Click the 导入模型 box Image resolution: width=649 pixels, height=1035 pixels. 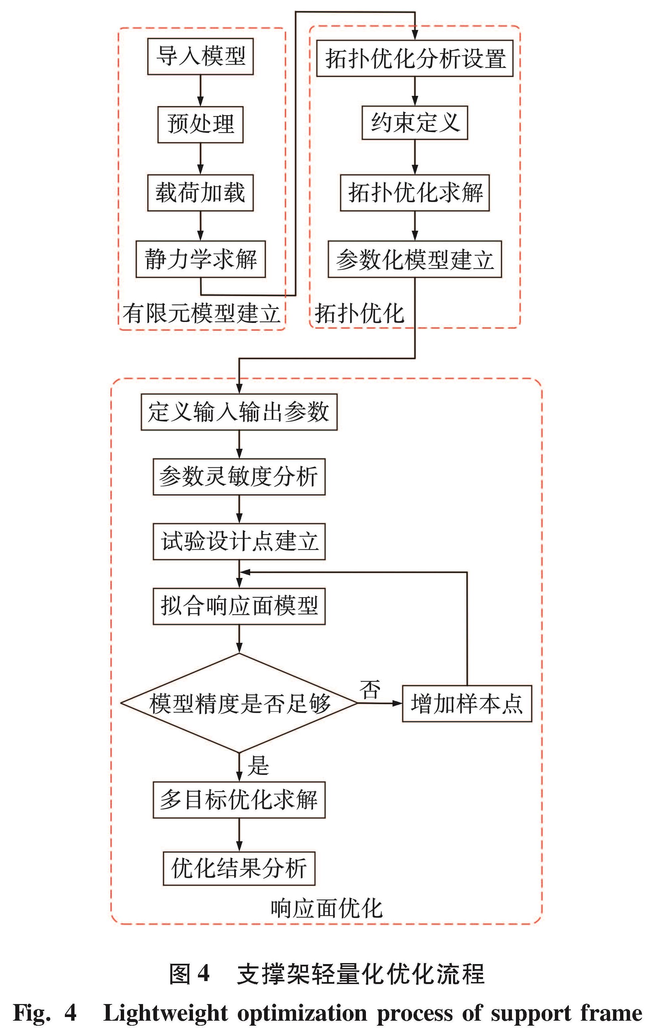coord(201,56)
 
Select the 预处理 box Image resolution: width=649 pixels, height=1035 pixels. coord(201,125)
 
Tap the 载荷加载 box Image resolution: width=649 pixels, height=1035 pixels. coord(201,192)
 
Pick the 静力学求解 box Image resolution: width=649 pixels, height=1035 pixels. coord(201,259)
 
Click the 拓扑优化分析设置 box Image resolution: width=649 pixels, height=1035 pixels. coord(414,58)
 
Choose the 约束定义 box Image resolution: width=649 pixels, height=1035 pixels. coord(414,123)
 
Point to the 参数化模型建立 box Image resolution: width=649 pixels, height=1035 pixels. coord(414,259)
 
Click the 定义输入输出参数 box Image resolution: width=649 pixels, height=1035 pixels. coord(239,412)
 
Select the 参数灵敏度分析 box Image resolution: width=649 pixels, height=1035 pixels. coord(239,477)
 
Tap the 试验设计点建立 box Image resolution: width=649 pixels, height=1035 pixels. coord(239,542)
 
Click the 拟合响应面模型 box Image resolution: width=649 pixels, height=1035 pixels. coord(239,607)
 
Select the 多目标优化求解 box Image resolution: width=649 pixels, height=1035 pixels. coord(239,800)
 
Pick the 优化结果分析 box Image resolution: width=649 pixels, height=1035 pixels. coord(239,868)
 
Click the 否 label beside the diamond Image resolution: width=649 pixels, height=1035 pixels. coord(370,690)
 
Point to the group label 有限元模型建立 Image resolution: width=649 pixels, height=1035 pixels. coord(201,314)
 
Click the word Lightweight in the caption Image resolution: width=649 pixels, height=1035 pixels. coord(165,1013)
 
